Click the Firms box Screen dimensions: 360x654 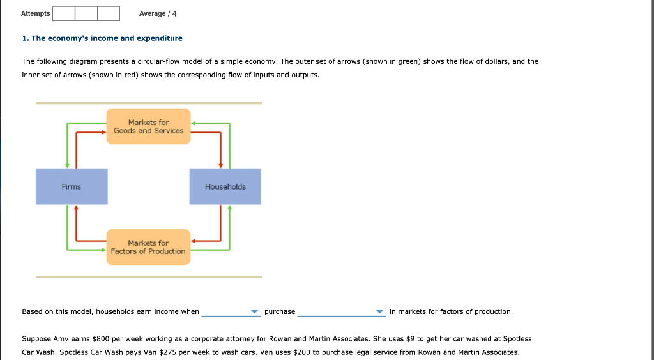(x=72, y=186)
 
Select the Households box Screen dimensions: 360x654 (x=225, y=186)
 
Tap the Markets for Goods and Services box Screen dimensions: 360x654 (x=148, y=126)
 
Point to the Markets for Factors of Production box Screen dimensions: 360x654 (x=148, y=247)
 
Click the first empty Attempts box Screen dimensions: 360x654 (x=63, y=13)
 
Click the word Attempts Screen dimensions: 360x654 (x=35, y=13)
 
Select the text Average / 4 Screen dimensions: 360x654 (x=158, y=13)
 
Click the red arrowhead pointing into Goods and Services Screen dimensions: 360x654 (x=103, y=132)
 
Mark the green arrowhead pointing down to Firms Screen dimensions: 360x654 (x=67, y=165)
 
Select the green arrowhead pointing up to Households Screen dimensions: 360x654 (x=229, y=207)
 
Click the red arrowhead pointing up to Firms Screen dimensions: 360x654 (x=76, y=207)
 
